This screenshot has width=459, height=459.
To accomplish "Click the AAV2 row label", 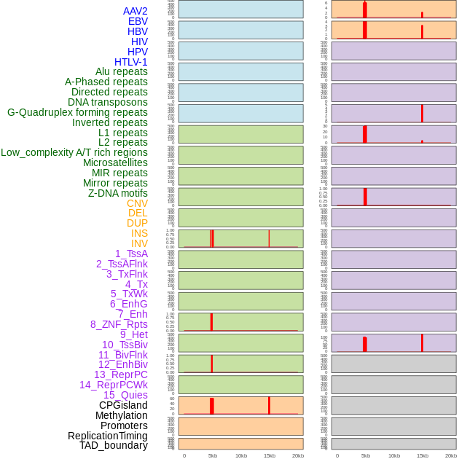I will point(135,11).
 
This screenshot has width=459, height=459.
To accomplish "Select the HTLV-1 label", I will point(130,62).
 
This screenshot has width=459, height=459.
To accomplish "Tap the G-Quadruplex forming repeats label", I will point(77,112).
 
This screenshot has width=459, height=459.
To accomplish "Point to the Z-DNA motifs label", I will point(117,193).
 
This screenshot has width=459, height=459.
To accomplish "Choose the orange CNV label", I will point(137,203).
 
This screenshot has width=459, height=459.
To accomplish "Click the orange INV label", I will point(139,243).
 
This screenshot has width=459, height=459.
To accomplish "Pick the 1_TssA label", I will point(131,254).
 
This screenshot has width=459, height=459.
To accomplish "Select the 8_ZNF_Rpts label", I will point(119,324).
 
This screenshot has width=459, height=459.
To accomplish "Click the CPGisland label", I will point(123,405).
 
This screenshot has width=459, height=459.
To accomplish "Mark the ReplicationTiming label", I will point(107,436).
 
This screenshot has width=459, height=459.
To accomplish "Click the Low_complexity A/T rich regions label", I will point(74,152).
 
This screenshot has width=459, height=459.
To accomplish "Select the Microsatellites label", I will point(115,162).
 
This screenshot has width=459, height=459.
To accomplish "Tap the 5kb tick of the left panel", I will point(213,455).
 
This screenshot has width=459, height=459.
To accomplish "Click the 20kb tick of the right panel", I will point(451,455).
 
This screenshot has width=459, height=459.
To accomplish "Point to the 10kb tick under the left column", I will point(241,455).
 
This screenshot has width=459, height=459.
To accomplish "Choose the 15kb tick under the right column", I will point(423,455).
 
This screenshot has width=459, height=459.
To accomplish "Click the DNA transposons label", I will point(108,102).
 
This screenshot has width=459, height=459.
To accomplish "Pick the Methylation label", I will point(122,415).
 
